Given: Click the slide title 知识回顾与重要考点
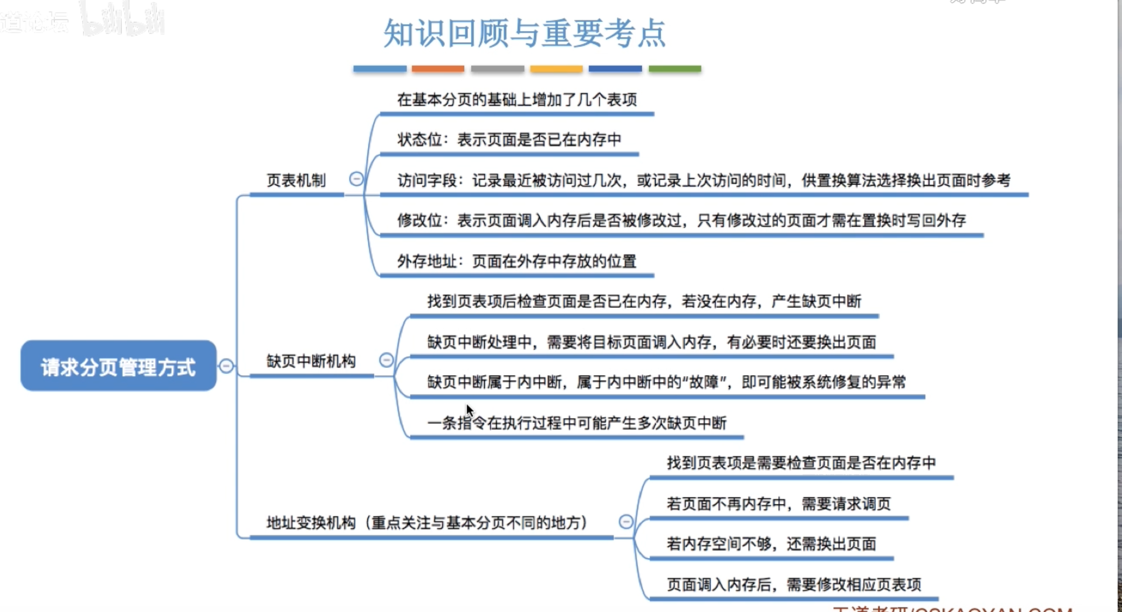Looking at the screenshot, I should click(x=525, y=33).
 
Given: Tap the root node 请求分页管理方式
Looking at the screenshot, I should click(x=118, y=366).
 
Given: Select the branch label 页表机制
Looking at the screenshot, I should click(x=296, y=180).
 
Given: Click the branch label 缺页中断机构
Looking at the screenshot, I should click(x=311, y=361).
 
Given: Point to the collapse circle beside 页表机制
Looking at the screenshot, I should click(x=356, y=179).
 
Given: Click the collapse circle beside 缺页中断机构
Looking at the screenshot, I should click(x=386, y=360).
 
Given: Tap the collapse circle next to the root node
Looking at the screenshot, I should click(x=226, y=366).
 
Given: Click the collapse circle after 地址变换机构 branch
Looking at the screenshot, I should click(x=626, y=521).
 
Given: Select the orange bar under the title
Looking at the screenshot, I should click(x=438, y=69).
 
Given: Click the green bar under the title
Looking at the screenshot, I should click(x=674, y=69).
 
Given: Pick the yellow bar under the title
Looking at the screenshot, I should click(x=556, y=69).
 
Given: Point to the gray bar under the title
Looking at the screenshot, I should click(x=497, y=69).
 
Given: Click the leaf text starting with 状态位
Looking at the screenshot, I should click(x=509, y=139).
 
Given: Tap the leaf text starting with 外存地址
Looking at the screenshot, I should click(x=516, y=261).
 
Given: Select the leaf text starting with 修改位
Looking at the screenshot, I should click(x=681, y=220).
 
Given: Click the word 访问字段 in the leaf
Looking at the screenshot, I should click(x=427, y=180).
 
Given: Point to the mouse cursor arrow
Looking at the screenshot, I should click(x=469, y=410).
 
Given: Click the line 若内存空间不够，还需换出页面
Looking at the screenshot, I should click(x=771, y=544).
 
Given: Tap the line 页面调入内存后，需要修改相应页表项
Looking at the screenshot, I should click(x=794, y=584).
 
